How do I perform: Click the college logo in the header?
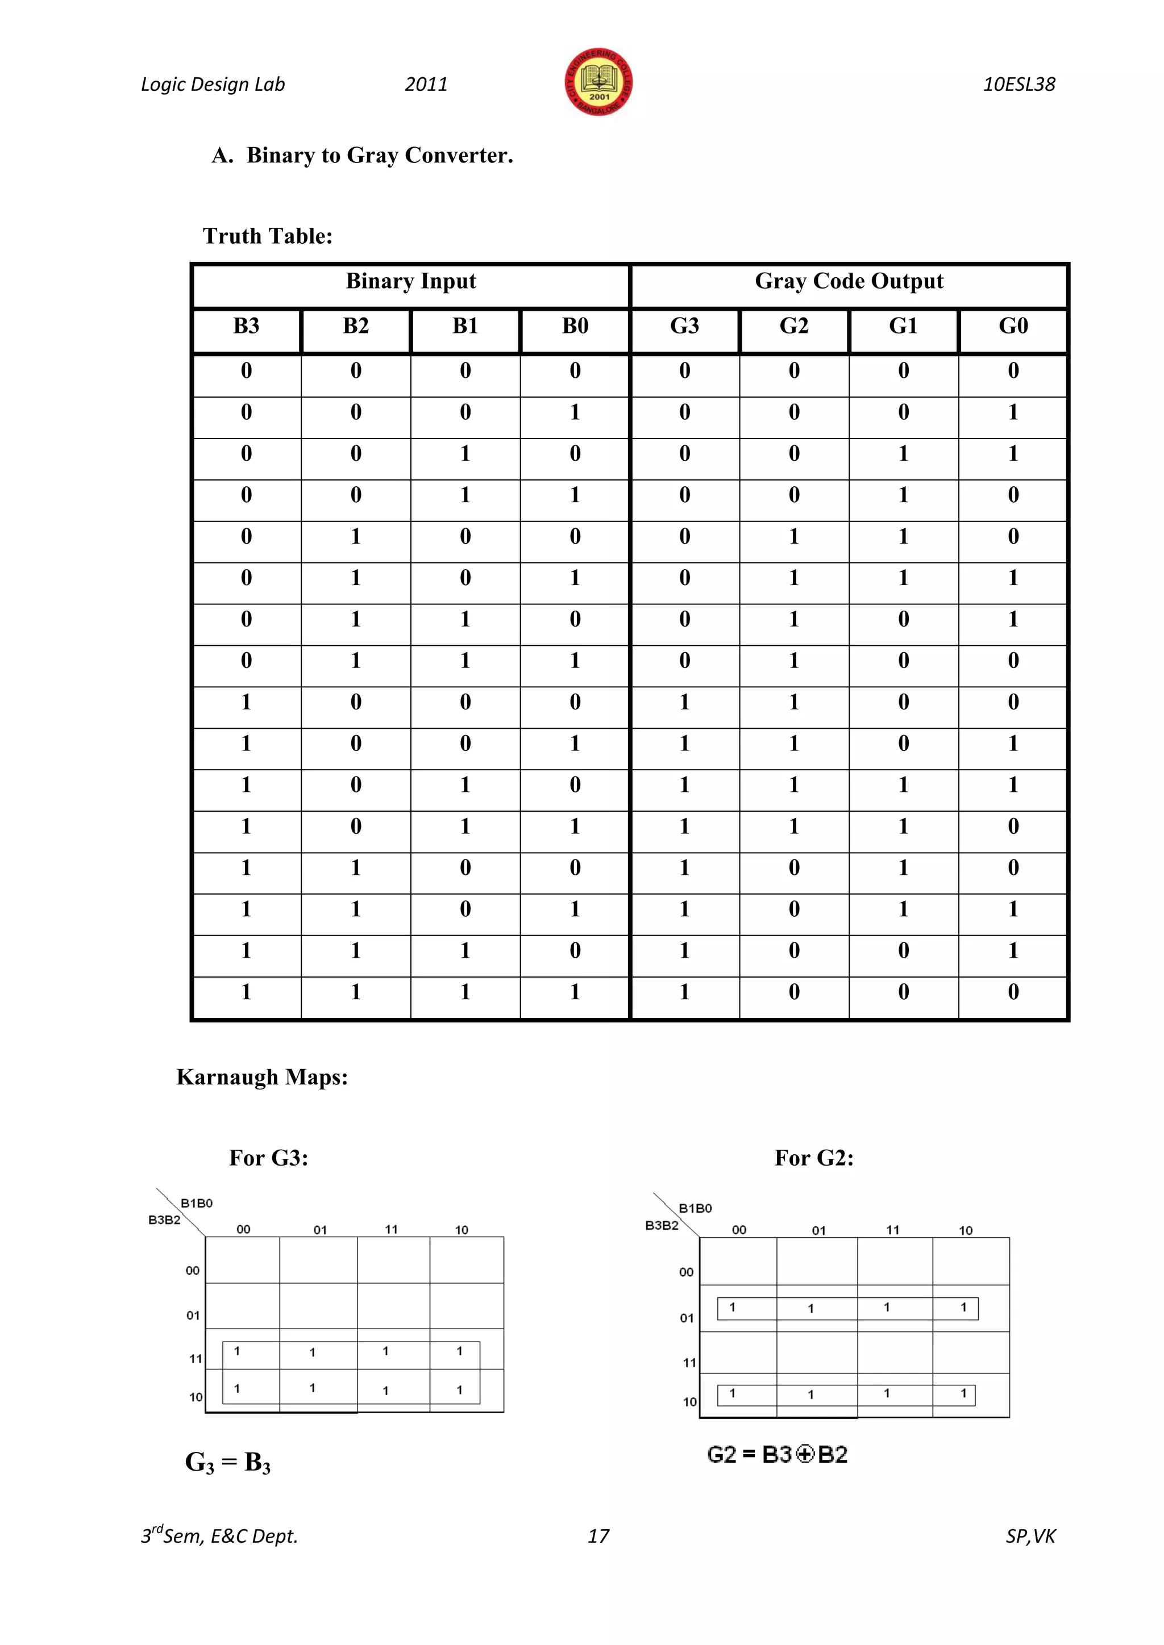coord(598,82)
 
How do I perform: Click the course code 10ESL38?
coord(1018,85)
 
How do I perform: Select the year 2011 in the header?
coord(426,85)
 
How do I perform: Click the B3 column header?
coord(246,327)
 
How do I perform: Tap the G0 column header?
coord(1013,327)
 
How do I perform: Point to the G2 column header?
coord(793,327)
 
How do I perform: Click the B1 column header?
coord(465,327)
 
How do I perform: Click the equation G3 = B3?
coord(228,1462)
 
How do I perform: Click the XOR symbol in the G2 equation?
coord(805,1455)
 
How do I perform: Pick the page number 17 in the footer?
coord(598,1536)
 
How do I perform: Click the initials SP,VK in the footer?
coord(1030,1536)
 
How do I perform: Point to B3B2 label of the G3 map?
coord(164,1220)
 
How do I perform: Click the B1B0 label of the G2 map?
coord(695,1209)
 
